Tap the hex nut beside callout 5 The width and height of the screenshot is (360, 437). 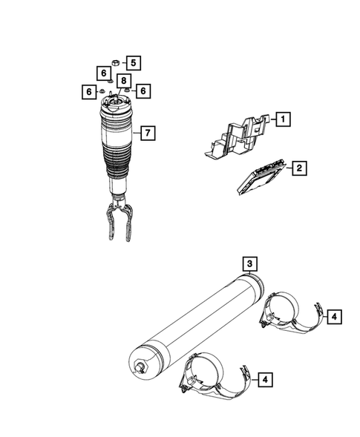click(115, 62)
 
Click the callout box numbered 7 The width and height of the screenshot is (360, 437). click(148, 134)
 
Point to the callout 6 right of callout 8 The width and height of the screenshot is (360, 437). click(143, 90)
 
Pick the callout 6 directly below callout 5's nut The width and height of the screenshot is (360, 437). click(104, 73)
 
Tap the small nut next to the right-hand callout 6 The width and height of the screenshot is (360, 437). click(128, 90)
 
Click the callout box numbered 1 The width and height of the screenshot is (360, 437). click(283, 118)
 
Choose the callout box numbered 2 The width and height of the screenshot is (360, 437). click(298, 170)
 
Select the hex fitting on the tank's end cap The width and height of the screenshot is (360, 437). click(139, 367)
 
